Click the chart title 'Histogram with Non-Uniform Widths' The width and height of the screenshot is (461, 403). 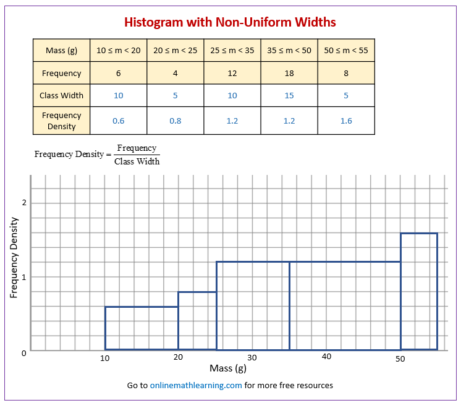230,22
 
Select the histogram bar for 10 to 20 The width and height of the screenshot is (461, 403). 142,328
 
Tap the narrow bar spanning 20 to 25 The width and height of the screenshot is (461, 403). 197,320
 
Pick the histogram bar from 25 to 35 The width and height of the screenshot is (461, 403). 253,305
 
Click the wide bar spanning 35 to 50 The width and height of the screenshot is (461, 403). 345,305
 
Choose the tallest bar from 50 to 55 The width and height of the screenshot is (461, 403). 419,291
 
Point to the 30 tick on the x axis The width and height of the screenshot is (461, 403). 252,357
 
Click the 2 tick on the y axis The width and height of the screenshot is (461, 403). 24,203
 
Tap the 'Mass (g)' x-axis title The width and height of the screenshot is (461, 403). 228,369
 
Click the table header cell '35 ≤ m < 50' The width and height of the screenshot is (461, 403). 289,50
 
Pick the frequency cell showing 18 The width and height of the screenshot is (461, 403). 289,73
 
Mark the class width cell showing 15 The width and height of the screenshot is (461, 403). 289,95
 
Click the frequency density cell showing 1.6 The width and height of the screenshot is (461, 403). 346,121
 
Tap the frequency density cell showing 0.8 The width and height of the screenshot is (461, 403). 176,121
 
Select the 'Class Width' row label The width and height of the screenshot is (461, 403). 61,95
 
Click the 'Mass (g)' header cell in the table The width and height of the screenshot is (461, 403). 61,50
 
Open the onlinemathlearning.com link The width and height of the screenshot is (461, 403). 196,385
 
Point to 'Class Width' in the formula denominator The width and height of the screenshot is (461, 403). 137,161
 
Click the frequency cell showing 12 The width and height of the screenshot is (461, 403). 232,73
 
